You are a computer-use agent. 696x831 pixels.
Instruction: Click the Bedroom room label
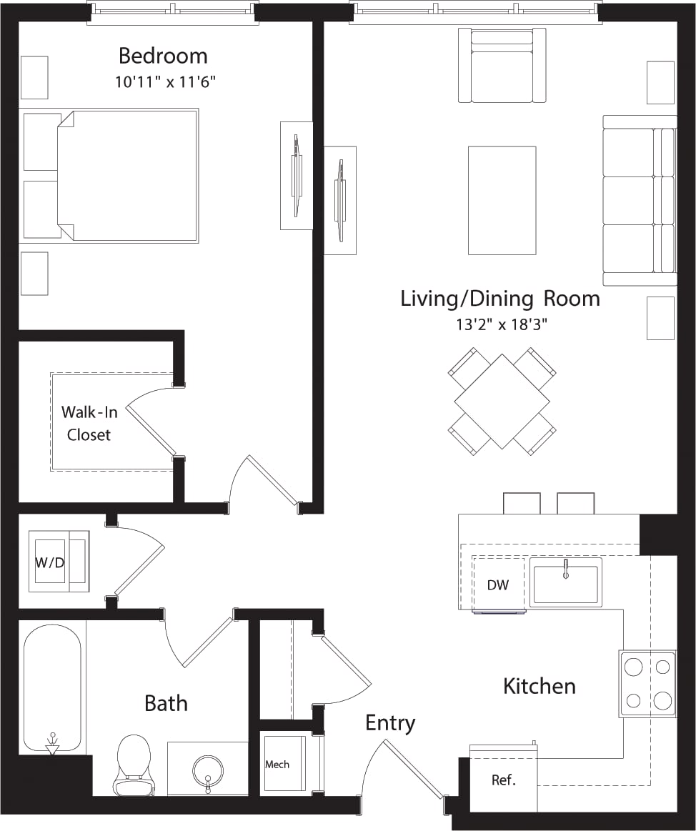coord(163,56)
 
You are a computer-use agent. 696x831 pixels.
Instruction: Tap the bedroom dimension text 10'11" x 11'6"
coord(165,82)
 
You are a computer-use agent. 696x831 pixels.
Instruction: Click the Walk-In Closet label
coord(89,423)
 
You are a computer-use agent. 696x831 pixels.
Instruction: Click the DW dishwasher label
coord(498,584)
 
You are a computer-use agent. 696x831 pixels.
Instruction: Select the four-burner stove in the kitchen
coord(647,683)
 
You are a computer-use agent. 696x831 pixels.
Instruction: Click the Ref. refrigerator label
coord(503,780)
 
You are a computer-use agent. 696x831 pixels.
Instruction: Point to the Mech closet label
coord(277,765)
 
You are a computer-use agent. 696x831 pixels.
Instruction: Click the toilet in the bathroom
coord(133,765)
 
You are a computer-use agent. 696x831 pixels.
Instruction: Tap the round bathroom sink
coord(207,772)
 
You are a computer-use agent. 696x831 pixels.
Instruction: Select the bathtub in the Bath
coord(52,686)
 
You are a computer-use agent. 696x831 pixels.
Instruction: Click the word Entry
coord(390,723)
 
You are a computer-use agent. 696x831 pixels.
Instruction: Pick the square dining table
coord(502,402)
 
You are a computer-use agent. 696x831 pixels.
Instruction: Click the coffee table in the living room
coord(502,200)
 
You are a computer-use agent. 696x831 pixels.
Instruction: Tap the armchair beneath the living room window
coord(502,66)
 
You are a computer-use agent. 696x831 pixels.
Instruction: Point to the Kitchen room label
coord(539,687)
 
